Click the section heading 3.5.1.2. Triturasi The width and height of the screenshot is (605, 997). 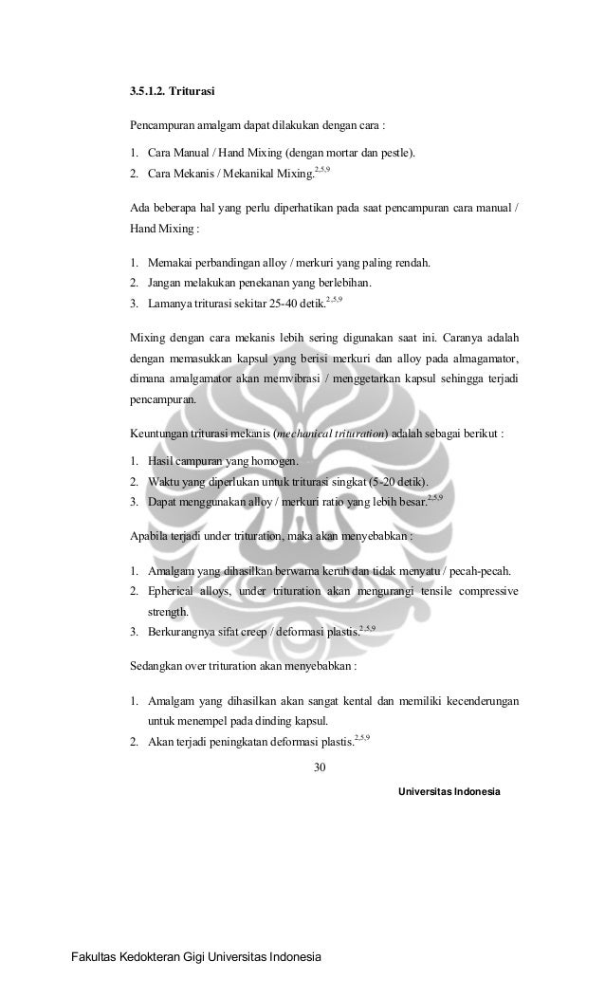tap(172, 93)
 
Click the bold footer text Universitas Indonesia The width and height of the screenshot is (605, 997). tap(449, 790)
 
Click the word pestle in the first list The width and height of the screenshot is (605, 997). tap(394, 153)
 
